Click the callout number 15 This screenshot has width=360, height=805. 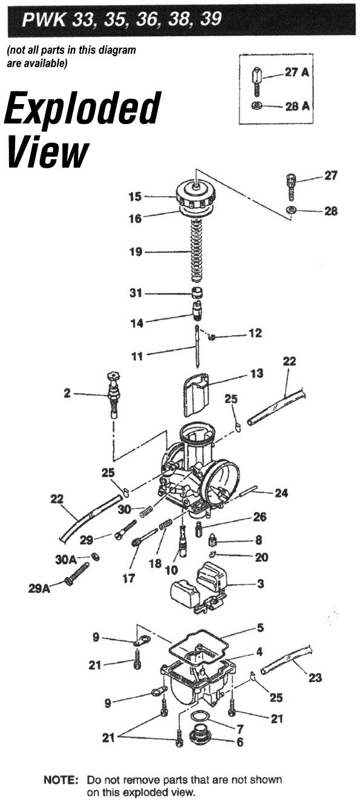coord(135,197)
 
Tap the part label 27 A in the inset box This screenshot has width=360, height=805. coord(296,72)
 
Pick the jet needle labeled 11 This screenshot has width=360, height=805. coord(197,346)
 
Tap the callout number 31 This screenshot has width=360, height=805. coord(136,293)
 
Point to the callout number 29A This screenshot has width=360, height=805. coord(39,589)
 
